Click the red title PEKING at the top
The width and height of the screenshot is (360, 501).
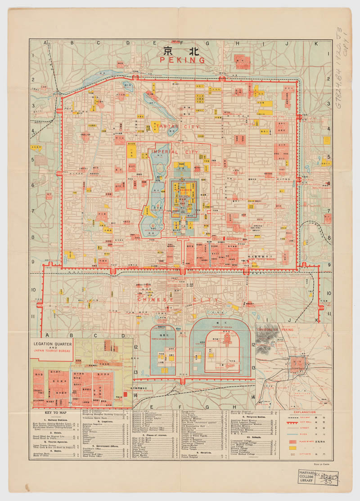tap(183, 60)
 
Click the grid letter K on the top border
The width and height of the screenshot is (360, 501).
tap(316, 44)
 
